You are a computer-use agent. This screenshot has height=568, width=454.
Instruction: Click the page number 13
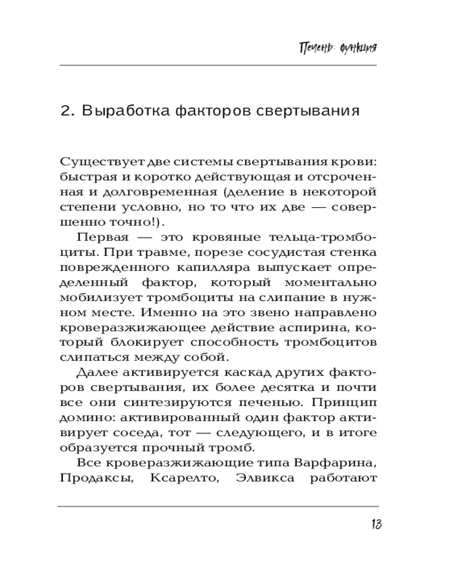[x=375, y=524]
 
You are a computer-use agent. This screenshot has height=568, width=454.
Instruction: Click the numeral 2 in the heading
[x=66, y=111]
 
